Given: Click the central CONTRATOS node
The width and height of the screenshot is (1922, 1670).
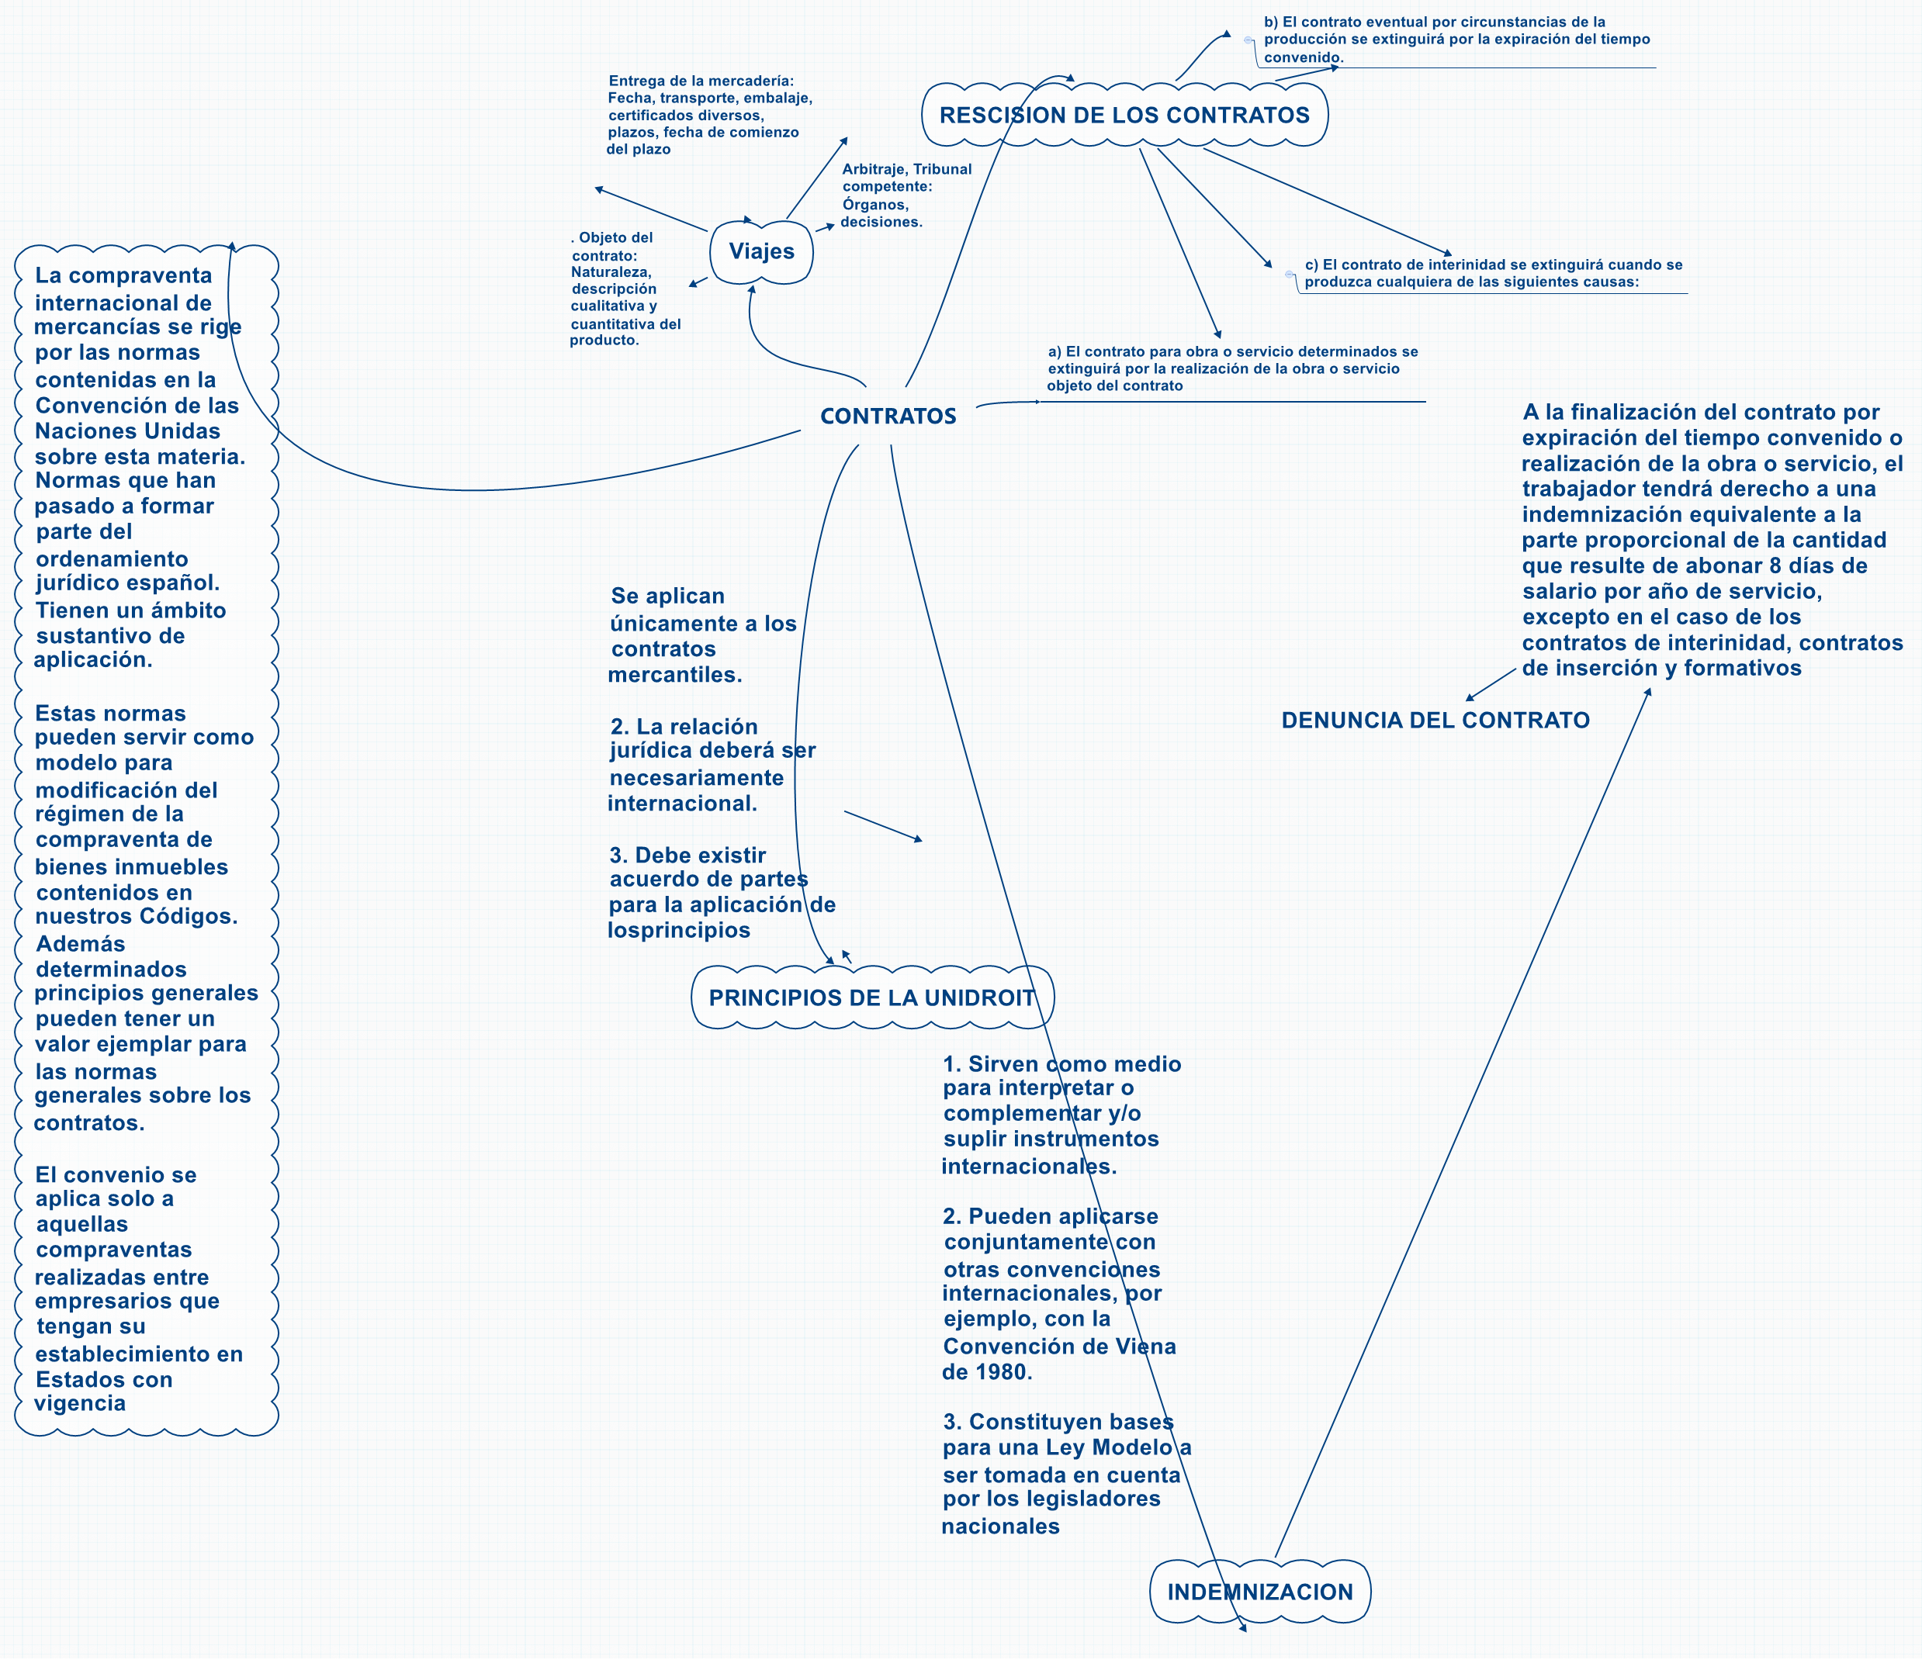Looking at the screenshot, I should (888, 416).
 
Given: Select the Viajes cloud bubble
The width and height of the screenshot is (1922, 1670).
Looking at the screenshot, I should (760, 251).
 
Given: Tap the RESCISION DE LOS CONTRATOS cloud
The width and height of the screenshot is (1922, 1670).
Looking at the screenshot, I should (1124, 116).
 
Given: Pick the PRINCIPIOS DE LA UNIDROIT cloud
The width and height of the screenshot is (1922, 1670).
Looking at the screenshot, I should (871, 998).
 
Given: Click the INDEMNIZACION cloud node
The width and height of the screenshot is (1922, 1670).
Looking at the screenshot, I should (1259, 1592).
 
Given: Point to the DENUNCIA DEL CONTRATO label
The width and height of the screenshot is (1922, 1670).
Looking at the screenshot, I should (1435, 721).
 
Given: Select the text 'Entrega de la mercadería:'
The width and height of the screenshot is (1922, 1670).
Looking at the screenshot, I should (701, 81).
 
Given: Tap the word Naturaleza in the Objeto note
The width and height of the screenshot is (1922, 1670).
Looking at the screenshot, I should (611, 272).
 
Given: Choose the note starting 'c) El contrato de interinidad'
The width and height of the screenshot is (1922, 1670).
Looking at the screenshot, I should (1492, 273).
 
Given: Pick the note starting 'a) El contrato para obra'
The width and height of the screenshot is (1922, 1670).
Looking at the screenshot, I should (1231, 368).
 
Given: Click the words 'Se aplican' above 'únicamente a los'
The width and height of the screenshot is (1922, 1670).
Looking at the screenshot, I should (667, 596).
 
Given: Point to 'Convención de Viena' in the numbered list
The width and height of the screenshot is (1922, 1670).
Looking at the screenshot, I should (1059, 1347).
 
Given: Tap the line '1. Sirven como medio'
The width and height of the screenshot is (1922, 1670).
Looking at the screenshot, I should (1061, 1064).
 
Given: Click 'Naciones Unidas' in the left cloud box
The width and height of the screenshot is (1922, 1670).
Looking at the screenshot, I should (128, 431).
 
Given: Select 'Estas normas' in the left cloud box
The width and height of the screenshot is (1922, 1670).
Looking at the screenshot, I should (110, 714).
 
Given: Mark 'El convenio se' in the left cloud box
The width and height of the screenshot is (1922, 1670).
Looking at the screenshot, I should (116, 1175).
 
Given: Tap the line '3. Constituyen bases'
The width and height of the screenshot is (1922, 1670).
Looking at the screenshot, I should (1058, 1422).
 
